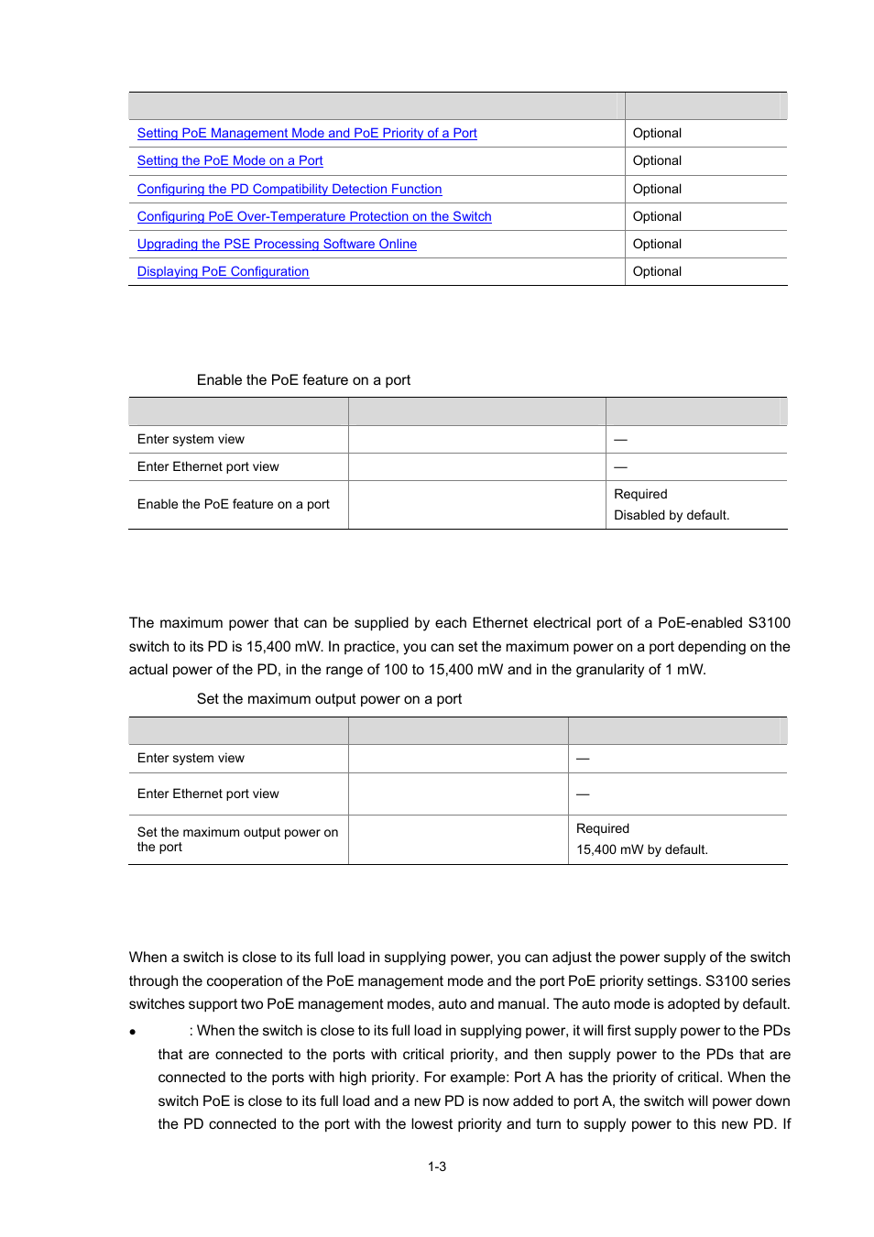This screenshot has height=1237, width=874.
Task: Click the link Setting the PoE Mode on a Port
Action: tap(230, 160)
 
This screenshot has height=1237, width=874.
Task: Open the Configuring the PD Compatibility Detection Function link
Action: tap(290, 189)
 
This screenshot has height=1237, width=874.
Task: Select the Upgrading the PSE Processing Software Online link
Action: tap(277, 244)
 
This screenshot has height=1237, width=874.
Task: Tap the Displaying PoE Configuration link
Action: tap(223, 271)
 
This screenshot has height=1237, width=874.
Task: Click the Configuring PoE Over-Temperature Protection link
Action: tap(314, 216)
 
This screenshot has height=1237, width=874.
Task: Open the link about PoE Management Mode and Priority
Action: tap(307, 133)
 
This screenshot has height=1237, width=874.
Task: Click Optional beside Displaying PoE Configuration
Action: tap(657, 271)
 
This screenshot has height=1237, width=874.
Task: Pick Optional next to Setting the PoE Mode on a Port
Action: tap(657, 160)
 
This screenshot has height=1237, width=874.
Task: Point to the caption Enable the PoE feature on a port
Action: tap(303, 380)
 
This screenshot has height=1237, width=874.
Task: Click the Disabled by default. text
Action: tap(672, 515)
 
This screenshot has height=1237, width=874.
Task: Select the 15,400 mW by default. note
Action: tap(641, 849)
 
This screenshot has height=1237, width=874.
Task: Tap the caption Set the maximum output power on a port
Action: tap(329, 699)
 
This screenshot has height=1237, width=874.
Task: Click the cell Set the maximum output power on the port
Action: tap(237, 839)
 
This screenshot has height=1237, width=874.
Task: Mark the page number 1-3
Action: tap(437, 1166)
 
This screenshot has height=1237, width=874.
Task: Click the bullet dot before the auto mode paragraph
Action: tap(133, 1032)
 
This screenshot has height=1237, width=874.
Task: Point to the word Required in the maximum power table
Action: tap(603, 828)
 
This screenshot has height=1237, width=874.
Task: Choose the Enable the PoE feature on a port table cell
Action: tap(234, 504)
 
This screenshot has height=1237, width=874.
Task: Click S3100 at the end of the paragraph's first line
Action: tap(769, 623)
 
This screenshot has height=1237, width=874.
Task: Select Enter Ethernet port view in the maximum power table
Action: tap(208, 794)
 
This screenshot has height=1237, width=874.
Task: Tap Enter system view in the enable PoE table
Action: tap(191, 439)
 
